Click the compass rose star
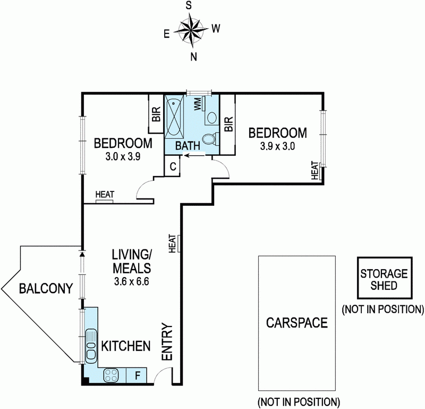pos(192,30)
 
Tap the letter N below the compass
pos(193,57)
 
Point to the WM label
pos(198,104)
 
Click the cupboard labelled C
pos(173,166)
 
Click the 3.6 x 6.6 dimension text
pos(131,282)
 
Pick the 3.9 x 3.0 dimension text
pos(277,147)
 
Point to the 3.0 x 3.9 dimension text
pos(123,156)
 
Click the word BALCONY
pos(46,288)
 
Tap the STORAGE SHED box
pos(385,278)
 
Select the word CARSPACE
pos(297,323)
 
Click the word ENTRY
pos(167,341)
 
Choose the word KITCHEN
pos(126,346)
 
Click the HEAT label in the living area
pos(172,244)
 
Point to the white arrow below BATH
pos(194,155)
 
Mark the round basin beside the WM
pos(211,118)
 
